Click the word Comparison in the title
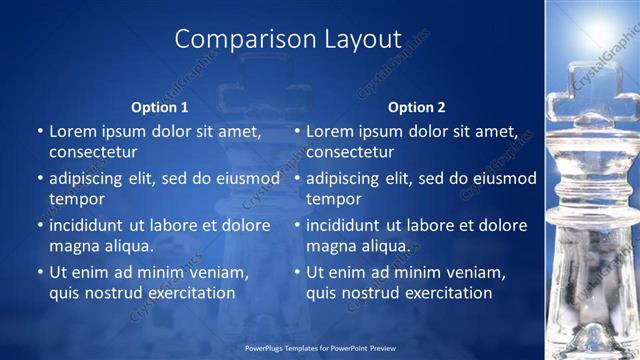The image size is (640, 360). point(237,40)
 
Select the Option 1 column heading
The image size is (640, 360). point(160,107)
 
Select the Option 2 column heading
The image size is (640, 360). point(416,107)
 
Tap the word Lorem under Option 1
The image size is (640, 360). point(73,131)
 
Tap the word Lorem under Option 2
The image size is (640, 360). point(330,131)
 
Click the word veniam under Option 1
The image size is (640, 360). point(218,273)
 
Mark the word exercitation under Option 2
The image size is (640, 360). point(446,293)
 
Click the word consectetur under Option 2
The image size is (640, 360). point(350,151)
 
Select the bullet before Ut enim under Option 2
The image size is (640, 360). point(298,273)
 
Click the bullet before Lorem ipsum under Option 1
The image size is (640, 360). point(40,131)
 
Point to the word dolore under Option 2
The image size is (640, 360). point(503,226)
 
